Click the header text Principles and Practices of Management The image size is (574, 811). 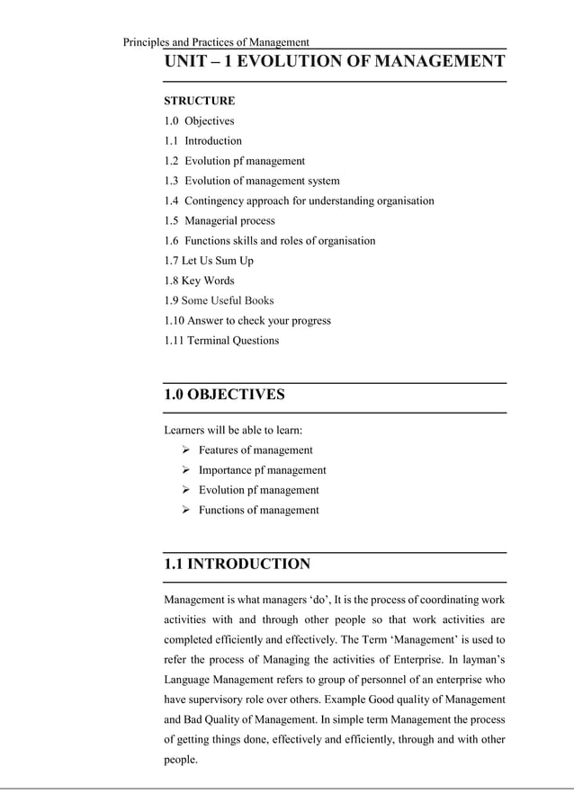click(x=215, y=42)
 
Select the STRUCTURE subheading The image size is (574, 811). click(x=199, y=101)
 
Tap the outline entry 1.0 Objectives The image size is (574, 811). click(x=199, y=121)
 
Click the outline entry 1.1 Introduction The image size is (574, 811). click(x=203, y=141)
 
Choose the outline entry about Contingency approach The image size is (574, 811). click(x=299, y=201)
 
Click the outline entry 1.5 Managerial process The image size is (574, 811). click(x=220, y=220)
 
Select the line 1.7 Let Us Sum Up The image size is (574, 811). click(x=209, y=261)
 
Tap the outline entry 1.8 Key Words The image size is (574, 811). click(x=199, y=281)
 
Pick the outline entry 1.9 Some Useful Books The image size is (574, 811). click(x=219, y=300)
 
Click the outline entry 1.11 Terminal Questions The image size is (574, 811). click(x=221, y=341)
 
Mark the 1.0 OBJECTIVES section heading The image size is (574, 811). click(x=224, y=395)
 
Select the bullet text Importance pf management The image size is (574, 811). click(x=262, y=470)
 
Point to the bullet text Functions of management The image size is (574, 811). click(x=258, y=510)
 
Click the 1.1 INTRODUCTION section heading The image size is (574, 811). click(x=237, y=565)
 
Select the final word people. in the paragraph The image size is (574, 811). click(x=180, y=760)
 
